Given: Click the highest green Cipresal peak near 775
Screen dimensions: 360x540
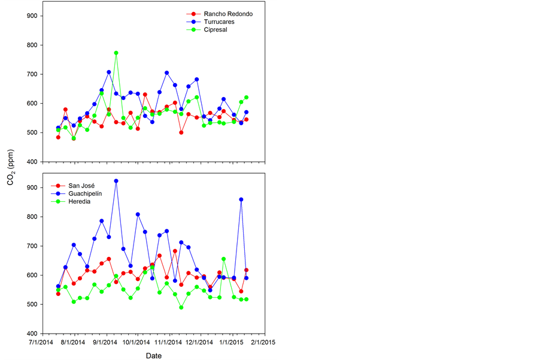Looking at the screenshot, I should [116, 53].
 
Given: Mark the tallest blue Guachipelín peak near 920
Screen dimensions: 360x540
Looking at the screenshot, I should [116, 181].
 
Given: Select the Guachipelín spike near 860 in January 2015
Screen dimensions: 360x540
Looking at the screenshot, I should [241, 199].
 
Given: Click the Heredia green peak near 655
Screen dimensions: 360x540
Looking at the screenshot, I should [223, 259].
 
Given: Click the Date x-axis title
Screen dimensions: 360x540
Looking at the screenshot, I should [153, 355].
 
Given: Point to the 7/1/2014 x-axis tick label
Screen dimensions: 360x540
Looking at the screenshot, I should [46, 343].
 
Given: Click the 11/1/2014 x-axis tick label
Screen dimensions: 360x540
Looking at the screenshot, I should [168, 343].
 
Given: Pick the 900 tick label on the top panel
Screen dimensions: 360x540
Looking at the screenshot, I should [32, 16].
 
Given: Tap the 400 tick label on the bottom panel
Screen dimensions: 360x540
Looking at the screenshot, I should [32, 334].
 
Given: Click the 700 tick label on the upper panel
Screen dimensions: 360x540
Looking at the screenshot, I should [32, 74].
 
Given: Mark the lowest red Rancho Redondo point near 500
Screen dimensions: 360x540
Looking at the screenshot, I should [181, 132].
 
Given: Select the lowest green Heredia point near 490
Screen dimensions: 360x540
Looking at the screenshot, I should [181, 307].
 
